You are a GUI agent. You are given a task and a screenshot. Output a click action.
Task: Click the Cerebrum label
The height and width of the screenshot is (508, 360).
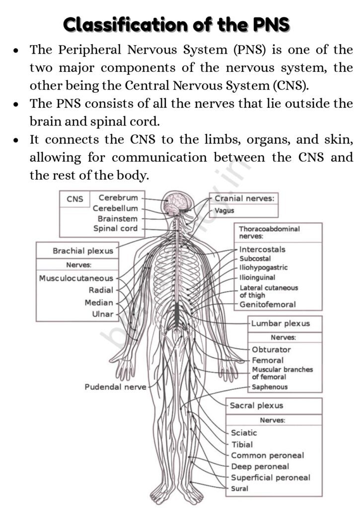point(118,198)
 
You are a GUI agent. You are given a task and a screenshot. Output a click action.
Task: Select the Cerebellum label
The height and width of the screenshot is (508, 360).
point(115,208)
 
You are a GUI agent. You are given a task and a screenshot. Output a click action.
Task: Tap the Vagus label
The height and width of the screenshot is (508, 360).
point(224,210)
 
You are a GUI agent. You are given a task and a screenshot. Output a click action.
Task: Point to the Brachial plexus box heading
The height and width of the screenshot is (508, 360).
point(83,251)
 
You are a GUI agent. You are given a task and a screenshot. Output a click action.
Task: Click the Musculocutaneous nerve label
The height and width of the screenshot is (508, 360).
point(76,278)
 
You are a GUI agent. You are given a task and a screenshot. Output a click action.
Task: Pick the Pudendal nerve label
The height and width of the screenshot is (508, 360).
point(115,387)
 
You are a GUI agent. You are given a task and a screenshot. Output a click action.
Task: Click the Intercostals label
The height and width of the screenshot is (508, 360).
point(262,250)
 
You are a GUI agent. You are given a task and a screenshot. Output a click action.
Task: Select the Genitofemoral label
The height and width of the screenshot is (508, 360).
point(267,305)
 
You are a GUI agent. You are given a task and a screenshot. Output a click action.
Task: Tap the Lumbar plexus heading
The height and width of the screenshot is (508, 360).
point(280,323)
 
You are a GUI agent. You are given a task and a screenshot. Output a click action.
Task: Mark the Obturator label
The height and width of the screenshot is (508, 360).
point(271,349)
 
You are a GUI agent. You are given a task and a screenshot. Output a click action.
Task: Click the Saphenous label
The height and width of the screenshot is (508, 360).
point(270,387)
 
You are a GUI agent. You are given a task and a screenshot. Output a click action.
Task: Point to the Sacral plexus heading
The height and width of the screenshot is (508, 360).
point(256,405)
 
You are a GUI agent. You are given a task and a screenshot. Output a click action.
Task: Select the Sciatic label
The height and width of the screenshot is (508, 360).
point(244,433)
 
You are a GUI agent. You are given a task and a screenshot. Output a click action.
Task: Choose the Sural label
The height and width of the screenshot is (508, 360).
point(240,489)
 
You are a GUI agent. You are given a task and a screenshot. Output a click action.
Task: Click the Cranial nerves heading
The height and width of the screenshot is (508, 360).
point(243,198)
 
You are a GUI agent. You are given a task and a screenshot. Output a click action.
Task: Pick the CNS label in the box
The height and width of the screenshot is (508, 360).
point(75,199)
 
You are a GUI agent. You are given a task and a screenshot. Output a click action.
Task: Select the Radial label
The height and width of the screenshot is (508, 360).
point(101,290)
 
